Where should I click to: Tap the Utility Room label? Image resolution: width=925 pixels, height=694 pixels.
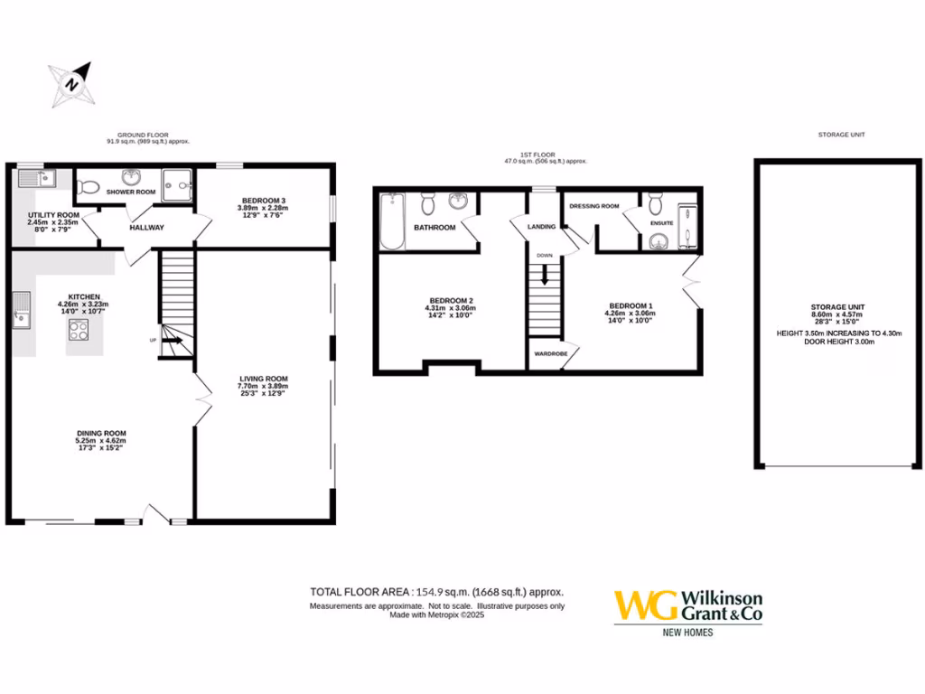(x=53, y=214)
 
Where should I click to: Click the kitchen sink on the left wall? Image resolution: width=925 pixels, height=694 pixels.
(x=20, y=315)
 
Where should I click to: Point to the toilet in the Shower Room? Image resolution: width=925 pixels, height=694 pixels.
(x=89, y=188)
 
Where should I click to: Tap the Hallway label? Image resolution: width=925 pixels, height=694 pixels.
(x=146, y=227)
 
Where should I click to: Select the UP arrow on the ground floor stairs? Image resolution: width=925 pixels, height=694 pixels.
(x=173, y=342)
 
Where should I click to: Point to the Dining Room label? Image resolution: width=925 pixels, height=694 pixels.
(x=101, y=433)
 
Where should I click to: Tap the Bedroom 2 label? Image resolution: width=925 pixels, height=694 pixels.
(x=452, y=300)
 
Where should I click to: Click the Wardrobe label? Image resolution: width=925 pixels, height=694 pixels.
(x=550, y=353)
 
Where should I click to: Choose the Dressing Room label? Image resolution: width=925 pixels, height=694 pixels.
(x=594, y=206)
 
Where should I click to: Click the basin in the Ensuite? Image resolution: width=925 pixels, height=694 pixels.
(x=657, y=240)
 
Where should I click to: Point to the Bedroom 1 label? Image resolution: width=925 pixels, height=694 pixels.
(x=630, y=305)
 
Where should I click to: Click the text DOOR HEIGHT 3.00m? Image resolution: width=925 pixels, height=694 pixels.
(x=840, y=342)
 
